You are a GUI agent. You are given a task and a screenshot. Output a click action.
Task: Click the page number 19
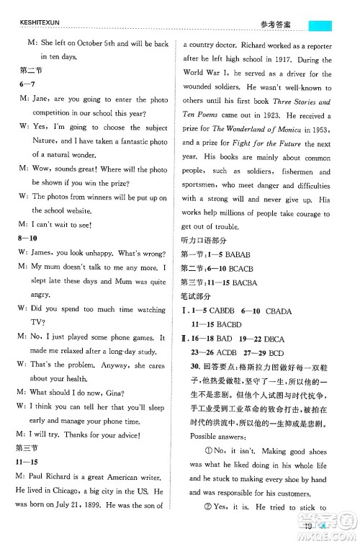(x=308, y=534)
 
